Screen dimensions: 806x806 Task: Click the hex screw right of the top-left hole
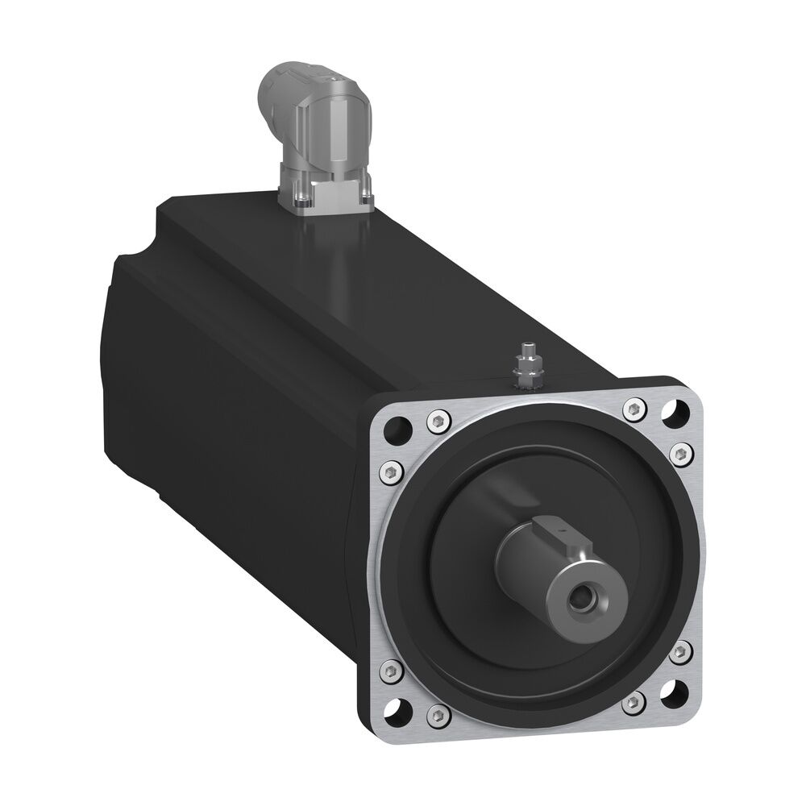436,418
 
